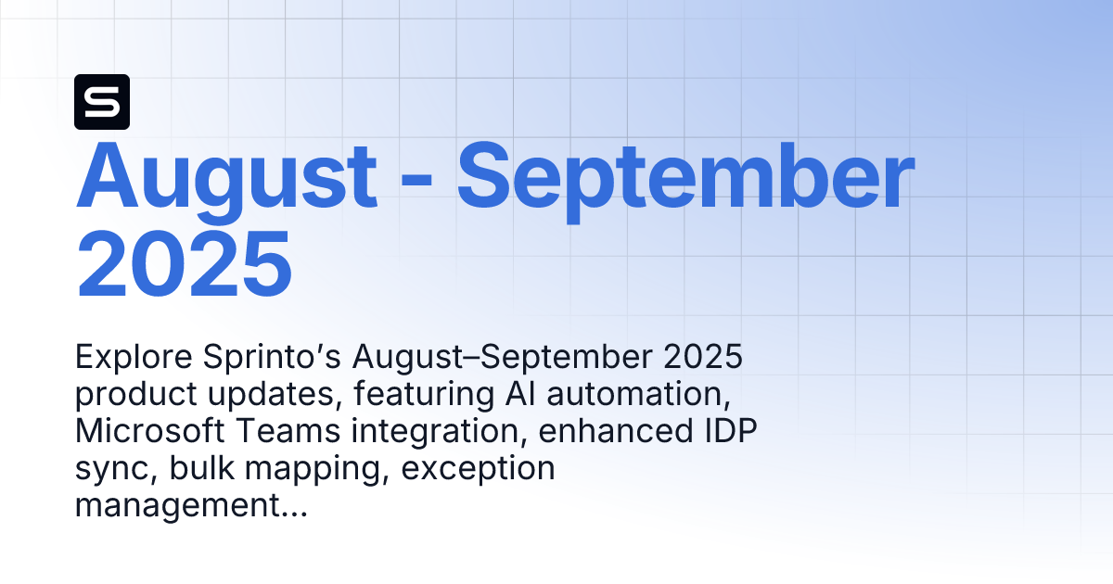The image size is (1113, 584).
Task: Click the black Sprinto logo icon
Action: click(102, 101)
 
